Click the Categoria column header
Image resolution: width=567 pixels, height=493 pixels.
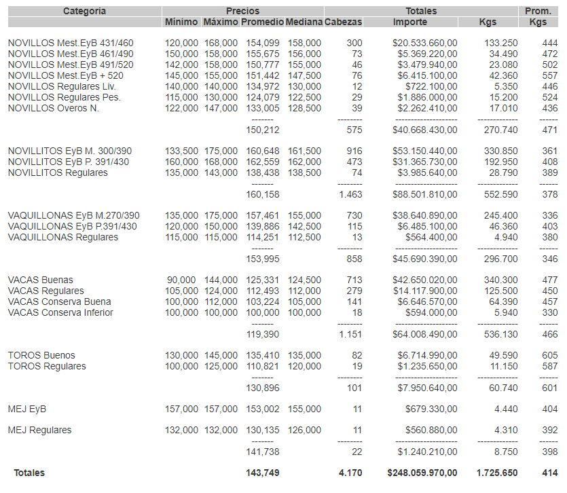tap(84, 11)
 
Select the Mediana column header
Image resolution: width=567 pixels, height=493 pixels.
tap(304, 22)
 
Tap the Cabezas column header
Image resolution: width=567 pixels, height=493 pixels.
tap(344, 22)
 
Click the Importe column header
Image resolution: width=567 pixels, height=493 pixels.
tap(409, 22)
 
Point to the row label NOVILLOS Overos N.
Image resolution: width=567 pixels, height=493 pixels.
tap(54, 108)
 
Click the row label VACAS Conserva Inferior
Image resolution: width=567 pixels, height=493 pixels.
tap(60, 312)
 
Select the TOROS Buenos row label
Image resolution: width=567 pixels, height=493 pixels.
tap(41, 355)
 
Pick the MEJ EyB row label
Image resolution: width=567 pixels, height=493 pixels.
tap(27, 409)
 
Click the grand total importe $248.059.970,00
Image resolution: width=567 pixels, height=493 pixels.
tap(422, 473)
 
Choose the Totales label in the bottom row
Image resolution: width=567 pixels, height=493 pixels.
tap(29, 473)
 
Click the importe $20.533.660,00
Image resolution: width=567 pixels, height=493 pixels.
tap(424, 43)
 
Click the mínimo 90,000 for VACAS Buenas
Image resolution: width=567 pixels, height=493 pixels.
tap(182, 280)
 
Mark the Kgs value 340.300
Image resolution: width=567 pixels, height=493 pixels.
tap(500, 280)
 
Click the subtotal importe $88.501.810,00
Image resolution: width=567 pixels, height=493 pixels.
tap(424, 194)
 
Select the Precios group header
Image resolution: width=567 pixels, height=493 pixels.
tap(242, 11)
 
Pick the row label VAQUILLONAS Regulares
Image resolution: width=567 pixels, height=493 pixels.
tap(63, 237)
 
